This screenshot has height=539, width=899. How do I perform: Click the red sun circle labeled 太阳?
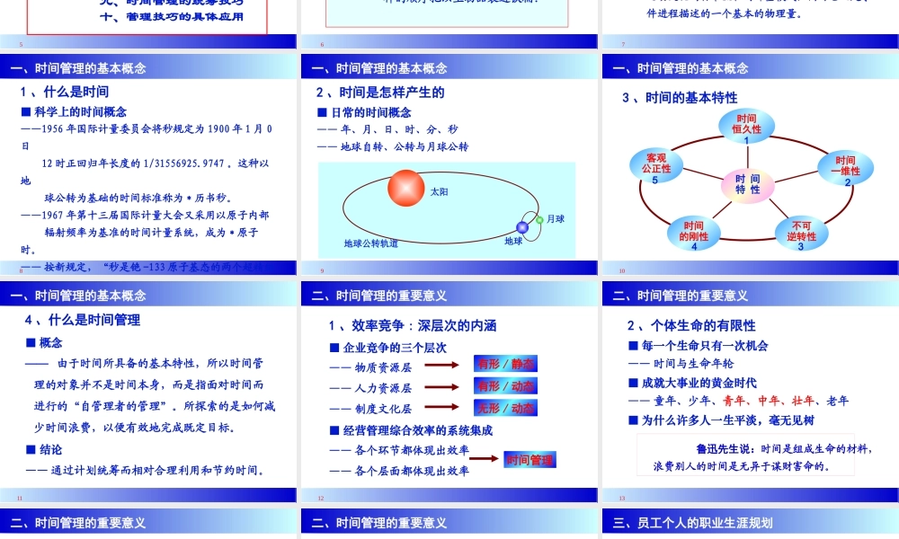click(x=406, y=187)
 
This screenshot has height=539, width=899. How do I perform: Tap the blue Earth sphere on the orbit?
click(x=522, y=227)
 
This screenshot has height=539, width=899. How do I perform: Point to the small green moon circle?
click(x=539, y=219)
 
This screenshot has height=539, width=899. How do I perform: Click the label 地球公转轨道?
click(x=371, y=243)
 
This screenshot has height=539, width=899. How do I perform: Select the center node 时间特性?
click(x=747, y=184)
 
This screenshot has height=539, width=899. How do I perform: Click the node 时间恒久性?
click(x=746, y=128)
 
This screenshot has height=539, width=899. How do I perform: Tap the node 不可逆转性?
click(x=801, y=234)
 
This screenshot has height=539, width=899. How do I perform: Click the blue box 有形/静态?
click(x=505, y=364)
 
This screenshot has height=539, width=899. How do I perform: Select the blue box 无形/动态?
click(x=505, y=409)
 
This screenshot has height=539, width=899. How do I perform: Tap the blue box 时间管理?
click(x=530, y=460)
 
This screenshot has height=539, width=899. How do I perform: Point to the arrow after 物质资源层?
click(x=442, y=365)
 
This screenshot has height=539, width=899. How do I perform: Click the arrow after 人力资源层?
click(x=442, y=387)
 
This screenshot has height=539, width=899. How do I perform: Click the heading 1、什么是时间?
click(x=65, y=92)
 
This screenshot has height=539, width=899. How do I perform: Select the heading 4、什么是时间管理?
click(x=83, y=320)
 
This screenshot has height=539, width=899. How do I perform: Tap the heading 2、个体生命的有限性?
click(x=691, y=325)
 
